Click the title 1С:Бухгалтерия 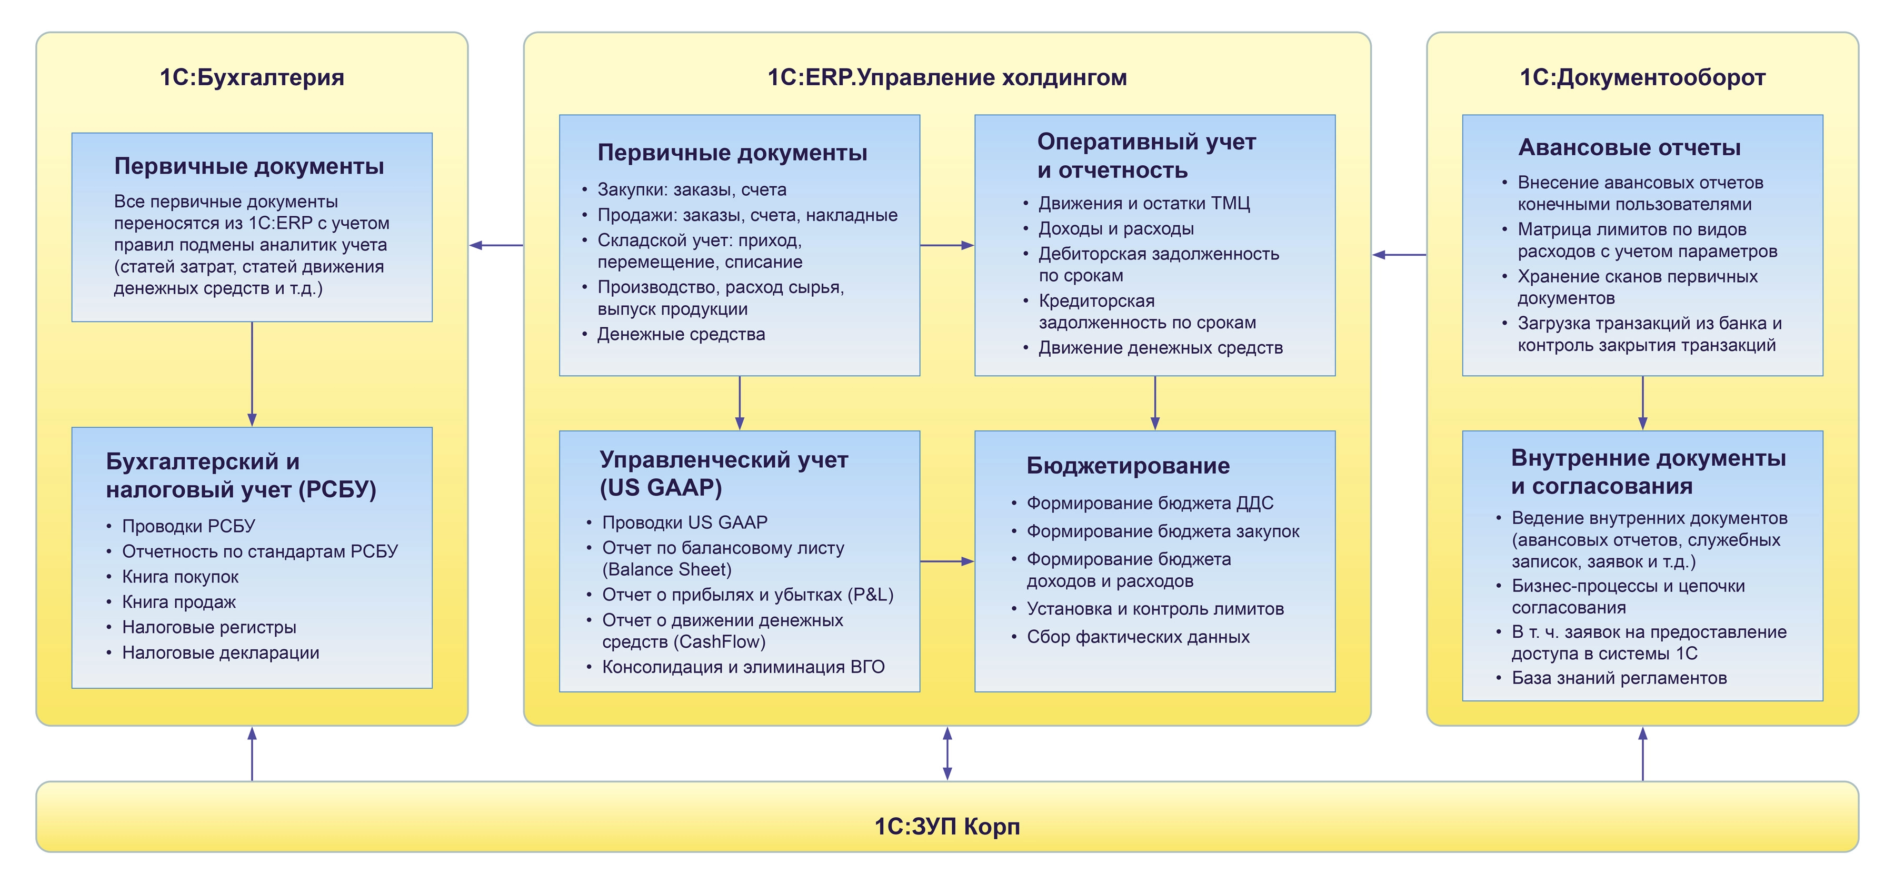tap(252, 77)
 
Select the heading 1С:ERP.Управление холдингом tap(947, 77)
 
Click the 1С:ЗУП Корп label tap(947, 826)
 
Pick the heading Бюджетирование tap(1128, 466)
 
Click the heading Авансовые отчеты tap(1629, 148)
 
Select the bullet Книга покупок tap(180, 577)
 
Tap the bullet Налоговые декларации tap(220, 652)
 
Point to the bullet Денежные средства tap(681, 335)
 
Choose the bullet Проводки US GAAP tap(684, 522)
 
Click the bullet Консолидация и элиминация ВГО tap(743, 667)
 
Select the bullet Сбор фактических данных tap(1138, 637)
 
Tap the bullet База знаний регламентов tap(1619, 678)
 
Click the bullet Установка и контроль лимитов tap(1155, 609)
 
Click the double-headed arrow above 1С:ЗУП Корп tap(947, 753)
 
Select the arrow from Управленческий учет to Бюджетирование tap(947, 561)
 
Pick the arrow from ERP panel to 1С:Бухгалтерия tap(496, 245)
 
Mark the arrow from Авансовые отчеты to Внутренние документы tap(1643, 403)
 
